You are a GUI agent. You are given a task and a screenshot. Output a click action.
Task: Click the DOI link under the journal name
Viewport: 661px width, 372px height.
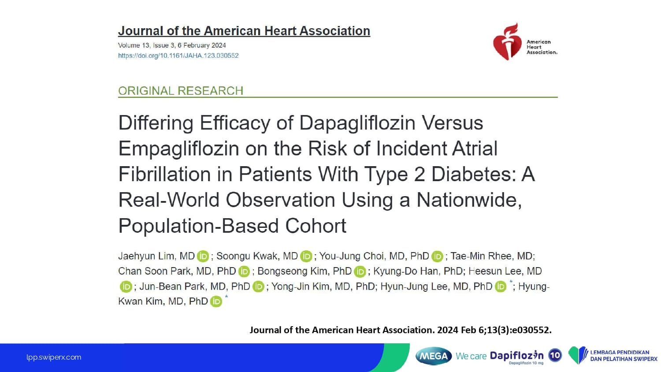click(x=178, y=56)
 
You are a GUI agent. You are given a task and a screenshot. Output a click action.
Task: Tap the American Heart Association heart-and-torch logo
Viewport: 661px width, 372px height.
click(x=507, y=42)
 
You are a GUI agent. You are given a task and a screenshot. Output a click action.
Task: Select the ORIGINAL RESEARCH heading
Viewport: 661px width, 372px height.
click(x=181, y=91)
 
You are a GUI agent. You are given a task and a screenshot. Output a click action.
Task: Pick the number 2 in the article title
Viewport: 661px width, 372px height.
click(x=419, y=174)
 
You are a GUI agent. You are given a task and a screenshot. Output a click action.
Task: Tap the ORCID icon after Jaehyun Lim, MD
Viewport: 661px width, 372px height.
click(x=203, y=257)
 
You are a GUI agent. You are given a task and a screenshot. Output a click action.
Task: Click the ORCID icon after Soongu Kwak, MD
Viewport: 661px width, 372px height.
click(x=306, y=257)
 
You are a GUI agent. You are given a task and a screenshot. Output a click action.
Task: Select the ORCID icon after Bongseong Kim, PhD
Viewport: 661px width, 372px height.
click(x=360, y=272)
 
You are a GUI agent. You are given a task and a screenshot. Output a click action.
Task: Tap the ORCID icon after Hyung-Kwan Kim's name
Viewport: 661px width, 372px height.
click(x=216, y=301)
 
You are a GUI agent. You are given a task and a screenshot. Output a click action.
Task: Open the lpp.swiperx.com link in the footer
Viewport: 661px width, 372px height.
click(x=54, y=357)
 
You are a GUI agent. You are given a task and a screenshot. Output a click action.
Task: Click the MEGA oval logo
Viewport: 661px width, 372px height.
click(x=434, y=356)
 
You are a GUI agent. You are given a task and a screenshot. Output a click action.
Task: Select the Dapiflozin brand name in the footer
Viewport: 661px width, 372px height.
click(x=516, y=356)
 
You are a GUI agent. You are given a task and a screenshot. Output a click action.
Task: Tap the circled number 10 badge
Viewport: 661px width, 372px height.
click(x=555, y=355)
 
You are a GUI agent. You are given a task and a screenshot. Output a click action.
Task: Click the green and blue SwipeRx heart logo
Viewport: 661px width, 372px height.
click(x=578, y=355)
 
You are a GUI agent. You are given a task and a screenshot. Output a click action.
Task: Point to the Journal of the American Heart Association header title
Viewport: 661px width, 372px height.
click(x=244, y=31)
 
